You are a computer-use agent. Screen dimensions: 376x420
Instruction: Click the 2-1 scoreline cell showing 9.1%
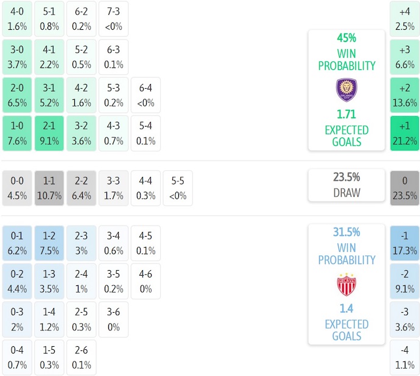[x=49, y=133]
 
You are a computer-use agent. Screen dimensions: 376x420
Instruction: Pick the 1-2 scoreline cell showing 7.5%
[x=49, y=243]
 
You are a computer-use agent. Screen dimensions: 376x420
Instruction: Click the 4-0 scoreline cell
[x=17, y=19]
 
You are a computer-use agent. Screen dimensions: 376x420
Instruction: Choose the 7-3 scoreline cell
[x=113, y=19]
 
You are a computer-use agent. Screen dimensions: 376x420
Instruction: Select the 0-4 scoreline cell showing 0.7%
[x=17, y=358]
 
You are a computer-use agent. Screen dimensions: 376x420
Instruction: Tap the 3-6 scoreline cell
[x=113, y=319]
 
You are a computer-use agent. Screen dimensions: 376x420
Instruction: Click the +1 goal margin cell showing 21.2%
[x=405, y=133]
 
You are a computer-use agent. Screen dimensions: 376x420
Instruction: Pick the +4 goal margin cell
[x=405, y=19]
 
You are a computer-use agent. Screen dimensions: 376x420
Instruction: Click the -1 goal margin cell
[x=405, y=243]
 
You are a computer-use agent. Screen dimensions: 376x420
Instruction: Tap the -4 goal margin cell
[x=405, y=358]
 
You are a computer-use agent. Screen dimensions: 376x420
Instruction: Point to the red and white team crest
[x=346, y=284]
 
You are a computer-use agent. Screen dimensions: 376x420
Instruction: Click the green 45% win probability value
[x=346, y=38]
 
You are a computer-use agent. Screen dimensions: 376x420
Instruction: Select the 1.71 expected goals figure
[x=346, y=114]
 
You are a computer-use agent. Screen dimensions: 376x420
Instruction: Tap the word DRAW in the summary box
[x=346, y=193]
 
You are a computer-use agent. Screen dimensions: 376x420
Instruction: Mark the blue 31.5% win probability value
[x=346, y=232]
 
